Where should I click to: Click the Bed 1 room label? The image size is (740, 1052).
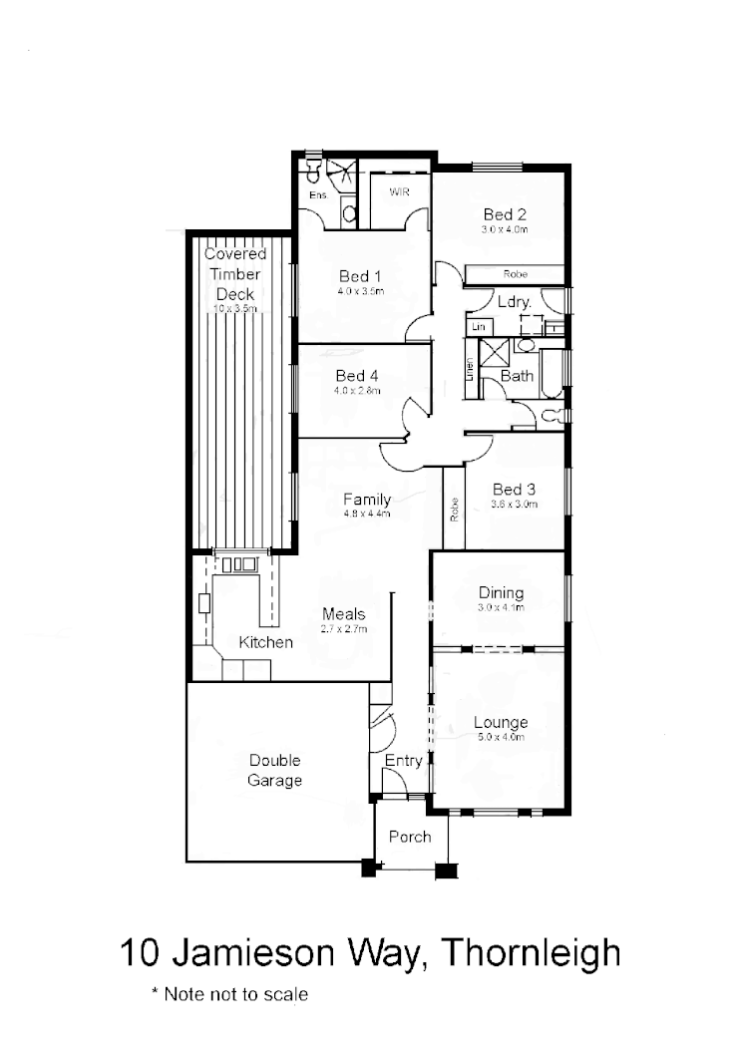360,276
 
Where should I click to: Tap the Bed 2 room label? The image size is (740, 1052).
505,214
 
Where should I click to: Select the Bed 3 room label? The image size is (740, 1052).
515,490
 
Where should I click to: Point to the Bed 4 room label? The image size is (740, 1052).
357,376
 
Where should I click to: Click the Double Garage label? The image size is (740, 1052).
274,771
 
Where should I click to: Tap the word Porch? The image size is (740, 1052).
410,836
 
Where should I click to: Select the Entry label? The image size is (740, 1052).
404,761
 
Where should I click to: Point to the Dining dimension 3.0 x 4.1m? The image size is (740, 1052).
501,607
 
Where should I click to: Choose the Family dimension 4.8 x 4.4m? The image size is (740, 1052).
367,515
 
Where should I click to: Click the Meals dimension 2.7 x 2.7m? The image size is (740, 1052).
344,629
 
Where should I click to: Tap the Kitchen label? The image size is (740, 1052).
266,642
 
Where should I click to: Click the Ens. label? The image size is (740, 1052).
317,195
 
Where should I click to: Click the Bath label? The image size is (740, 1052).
517,376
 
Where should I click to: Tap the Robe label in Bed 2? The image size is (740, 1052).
515,273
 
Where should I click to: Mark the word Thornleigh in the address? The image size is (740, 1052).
531,952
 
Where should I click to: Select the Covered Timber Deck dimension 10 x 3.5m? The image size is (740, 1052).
235,309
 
